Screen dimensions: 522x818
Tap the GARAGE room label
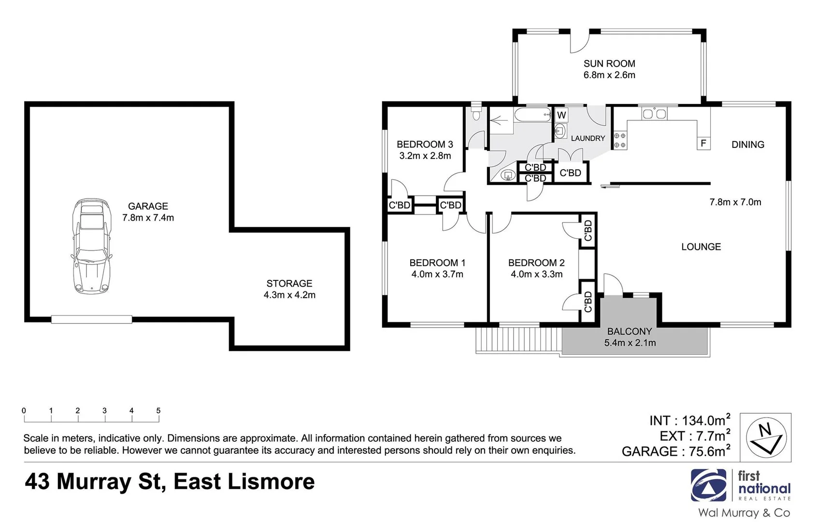pos(148,206)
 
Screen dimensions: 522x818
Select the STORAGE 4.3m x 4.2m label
pos(289,289)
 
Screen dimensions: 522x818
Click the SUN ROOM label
pos(609,64)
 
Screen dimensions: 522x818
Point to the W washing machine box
pos(561,115)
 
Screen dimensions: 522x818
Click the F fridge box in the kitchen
pos(703,143)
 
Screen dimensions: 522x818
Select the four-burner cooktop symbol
pos(620,140)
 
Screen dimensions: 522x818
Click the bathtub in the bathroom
pos(532,115)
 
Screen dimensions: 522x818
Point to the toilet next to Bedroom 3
pos(476,114)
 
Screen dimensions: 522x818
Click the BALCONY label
pos(629,332)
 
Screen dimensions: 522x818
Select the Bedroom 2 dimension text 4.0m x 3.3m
pos(536,275)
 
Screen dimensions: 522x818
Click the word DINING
pos(747,145)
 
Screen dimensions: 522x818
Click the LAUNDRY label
pos(588,138)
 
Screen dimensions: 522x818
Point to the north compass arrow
pos(766,437)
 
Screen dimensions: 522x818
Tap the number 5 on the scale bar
pos(158,410)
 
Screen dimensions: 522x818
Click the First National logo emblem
pos(708,485)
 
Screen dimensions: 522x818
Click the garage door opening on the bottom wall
pos(91,319)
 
